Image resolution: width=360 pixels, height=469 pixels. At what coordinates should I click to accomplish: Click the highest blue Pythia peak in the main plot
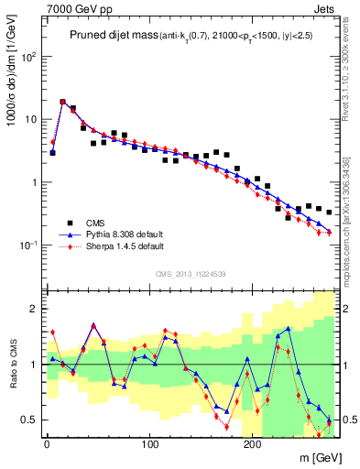[63, 103]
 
